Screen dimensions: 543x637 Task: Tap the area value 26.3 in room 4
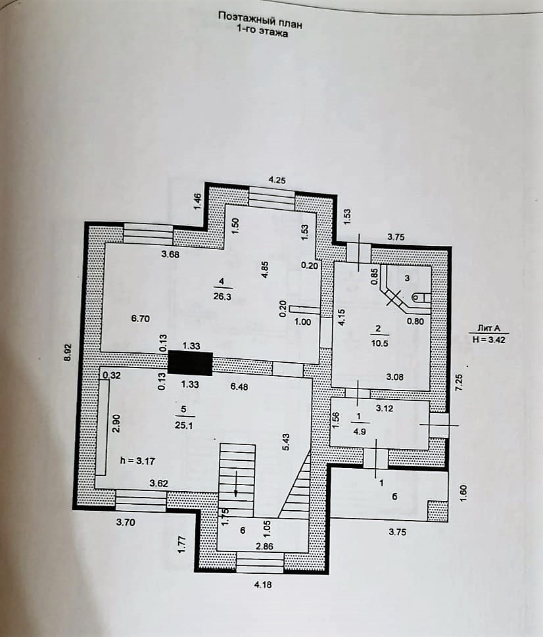(x=222, y=295)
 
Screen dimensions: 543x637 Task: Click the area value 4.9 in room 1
(x=359, y=431)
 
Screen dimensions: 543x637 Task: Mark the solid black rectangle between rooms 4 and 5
(x=190, y=363)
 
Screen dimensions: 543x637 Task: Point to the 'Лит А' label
(x=487, y=328)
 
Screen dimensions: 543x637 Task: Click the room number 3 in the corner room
(x=407, y=278)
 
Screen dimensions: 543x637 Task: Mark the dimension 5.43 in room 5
(x=285, y=442)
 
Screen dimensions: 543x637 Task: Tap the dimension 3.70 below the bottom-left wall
(x=127, y=523)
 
